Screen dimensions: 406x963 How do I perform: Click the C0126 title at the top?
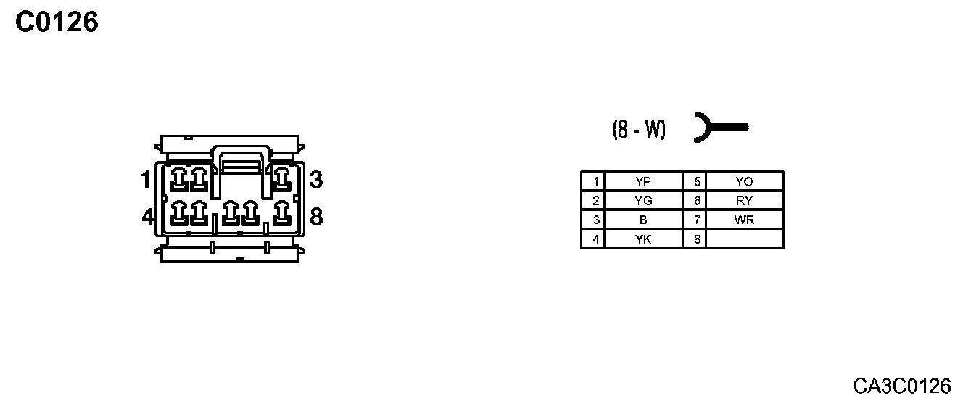[x=57, y=22]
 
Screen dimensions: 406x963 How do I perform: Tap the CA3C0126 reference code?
[x=901, y=385]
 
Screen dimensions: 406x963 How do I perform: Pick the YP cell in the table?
[x=642, y=181]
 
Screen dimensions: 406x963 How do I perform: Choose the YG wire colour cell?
[x=642, y=201]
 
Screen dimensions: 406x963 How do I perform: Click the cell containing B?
[x=642, y=220]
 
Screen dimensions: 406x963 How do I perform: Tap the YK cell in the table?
[x=642, y=239]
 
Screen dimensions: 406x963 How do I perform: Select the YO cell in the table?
[x=744, y=181]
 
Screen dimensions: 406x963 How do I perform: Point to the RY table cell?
[x=744, y=201]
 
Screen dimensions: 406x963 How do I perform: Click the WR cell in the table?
[x=744, y=220]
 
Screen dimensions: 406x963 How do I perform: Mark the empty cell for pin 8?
[x=744, y=239]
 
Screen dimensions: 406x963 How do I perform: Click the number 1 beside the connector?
[x=146, y=178]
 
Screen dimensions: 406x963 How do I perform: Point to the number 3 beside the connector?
[x=315, y=179]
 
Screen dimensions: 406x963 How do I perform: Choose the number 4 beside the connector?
[x=147, y=216]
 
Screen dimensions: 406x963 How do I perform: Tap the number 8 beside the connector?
[x=315, y=216]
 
